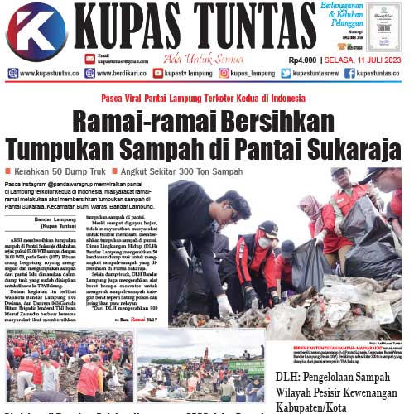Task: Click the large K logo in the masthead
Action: (x=36, y=31)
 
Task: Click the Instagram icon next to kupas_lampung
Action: (x=224, y=74)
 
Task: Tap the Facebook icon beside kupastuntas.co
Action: (x=350, y=74)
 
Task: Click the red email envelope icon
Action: (x=89, y=58)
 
